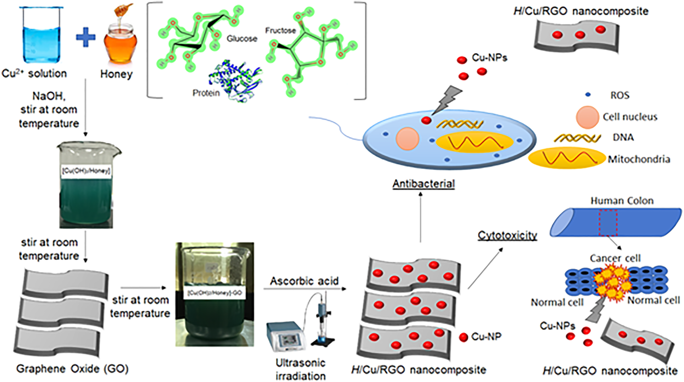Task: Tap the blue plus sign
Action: (x=86, y=38)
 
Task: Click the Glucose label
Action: (x=242, y=39)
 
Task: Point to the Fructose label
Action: (x=280, y=31)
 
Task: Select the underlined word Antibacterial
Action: (x=424, y=184)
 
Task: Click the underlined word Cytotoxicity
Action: (x=508, y=235)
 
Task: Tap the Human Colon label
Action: (x=622, y=201)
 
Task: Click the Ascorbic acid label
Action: (x=304, y=281)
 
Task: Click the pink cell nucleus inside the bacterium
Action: (x=408, y=138)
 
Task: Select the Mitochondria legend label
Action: (x=639, y=159)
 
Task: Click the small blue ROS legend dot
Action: (x=588, y=95)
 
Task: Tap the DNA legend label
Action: (x=623, y=138)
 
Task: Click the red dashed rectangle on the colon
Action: (x=607, y=222)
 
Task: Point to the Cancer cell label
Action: (x=615, y=258)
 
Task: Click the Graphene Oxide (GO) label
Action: (x=73, y=369)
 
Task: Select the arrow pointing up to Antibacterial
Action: (x=421, y=217)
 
